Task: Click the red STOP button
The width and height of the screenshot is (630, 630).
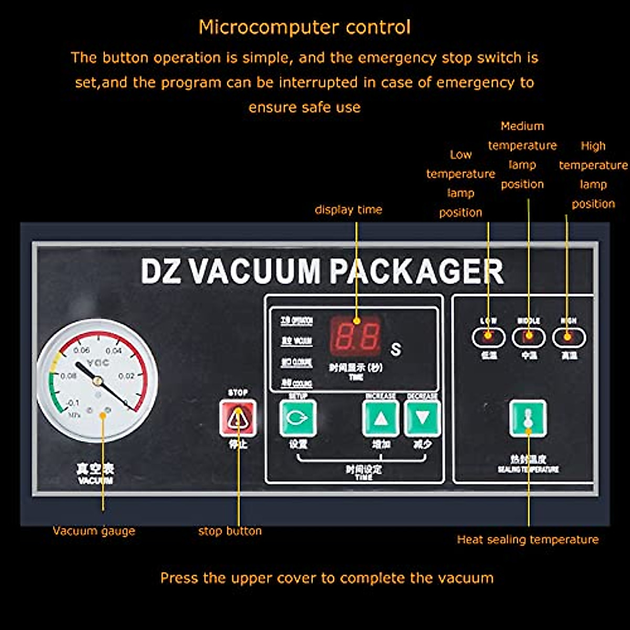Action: click(238, 418)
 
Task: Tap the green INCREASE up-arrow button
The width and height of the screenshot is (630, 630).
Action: click(381, 418)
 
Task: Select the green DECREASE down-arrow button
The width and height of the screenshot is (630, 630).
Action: click(422, 418)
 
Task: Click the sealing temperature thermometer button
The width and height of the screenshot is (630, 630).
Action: click(528, 418)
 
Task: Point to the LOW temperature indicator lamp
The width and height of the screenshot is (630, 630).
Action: click(488, 337)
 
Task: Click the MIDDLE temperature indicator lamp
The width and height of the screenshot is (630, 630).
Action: click(529, 337)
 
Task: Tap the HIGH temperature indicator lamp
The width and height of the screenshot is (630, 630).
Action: click(569, 337)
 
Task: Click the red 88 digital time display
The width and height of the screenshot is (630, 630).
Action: click(355, 337)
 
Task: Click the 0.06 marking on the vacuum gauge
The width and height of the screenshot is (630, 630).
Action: click(82, 350)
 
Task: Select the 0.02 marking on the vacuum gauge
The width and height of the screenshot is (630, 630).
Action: click(126, 376)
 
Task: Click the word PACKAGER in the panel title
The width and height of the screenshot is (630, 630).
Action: click(417, 271)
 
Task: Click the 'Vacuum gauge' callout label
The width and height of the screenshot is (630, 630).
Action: click(94, 531)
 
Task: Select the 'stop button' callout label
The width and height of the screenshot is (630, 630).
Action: click(230, 531)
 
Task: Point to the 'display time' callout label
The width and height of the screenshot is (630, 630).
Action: click(348, 209)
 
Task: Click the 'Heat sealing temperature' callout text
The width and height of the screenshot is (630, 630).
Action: click(528, 539)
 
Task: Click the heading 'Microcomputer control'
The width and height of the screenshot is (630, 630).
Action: click(304, 27)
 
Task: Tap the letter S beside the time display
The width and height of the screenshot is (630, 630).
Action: click(396, 349)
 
